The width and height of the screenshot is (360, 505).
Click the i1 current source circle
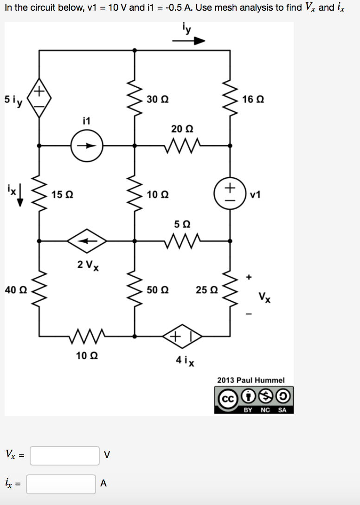86,145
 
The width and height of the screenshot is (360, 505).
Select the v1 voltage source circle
231,194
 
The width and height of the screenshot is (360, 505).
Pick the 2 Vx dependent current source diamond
87,241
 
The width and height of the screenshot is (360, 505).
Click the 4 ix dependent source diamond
182,336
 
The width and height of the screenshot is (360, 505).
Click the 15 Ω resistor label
61,195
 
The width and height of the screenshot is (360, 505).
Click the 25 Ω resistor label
206,290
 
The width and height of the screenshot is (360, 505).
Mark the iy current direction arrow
188,41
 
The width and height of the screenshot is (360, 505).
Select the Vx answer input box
65,455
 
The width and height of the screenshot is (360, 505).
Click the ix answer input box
61,484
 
